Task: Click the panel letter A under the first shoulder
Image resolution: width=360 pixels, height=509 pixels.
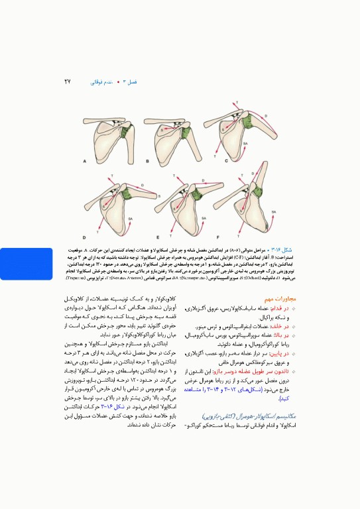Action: pyautogui.click(x=85, y=161)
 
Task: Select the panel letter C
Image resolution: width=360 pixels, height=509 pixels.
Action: pyautogui.click(x=226, y=161)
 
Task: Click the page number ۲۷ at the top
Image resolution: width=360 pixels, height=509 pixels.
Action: pyautogui.click(x=67, y=82)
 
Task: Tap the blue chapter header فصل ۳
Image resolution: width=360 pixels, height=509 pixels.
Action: pyautogui.click(x=130, y=82)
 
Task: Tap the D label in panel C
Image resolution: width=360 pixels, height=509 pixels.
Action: pyautogui.click(x=267, y=116)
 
